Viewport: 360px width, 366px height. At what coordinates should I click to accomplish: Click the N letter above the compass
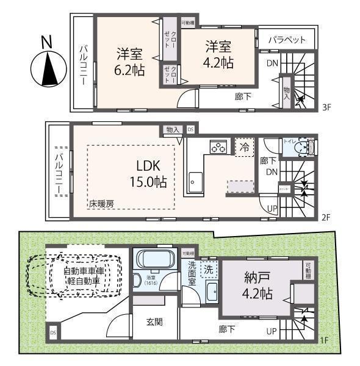(46, 42)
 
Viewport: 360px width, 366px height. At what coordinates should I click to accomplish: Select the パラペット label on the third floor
(287, 40)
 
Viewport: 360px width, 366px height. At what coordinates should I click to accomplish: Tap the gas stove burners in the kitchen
(218, 146)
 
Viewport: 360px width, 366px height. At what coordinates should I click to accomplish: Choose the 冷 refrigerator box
(243, 146)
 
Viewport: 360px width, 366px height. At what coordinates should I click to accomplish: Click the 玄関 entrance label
(154, 322)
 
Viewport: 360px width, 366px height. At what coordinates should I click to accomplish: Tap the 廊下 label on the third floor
(243, 96)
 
